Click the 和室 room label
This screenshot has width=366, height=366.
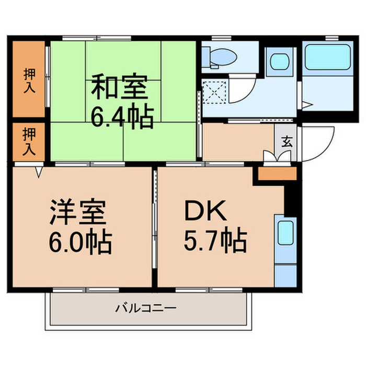pyautogui.click(x=119, y=87)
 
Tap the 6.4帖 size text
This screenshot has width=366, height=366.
pyautogui.click(x=122, y=116)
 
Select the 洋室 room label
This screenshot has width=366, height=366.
pyautogui.click(x=78, y=212)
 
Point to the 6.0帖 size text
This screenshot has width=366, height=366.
pyautogui.click(x=81, y=242)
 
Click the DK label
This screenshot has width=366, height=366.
pyautogui.click(x=205, y=210)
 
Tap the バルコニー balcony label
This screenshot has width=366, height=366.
pyautogui.click(x=146, y=308)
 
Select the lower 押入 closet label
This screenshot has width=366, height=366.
pyautogui.click(x=29, y=142)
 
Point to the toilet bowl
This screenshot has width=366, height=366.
pyautogui.click(x=223, y=56)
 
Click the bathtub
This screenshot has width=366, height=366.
pyautogui.click(x=328, y=57)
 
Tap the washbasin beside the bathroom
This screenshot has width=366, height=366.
pyautogui.click(x=280, y=61)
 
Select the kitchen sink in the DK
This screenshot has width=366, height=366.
pyautogui.click(x=285, y=233)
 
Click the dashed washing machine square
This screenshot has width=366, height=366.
pyautogui.click(x=214, y=92)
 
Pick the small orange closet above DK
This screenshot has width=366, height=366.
pyautogui.click(x=277, y=174)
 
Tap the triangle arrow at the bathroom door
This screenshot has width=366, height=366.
pyautogui.click(x=307, y=105)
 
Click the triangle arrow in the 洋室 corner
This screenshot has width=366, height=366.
pyautogui.click(x=39, y=172)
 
